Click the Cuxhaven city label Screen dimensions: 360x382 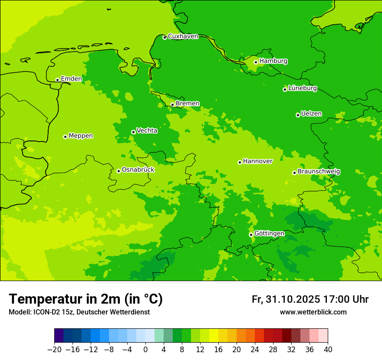tap(183, 36)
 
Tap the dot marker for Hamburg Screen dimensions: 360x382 tap(256, 62)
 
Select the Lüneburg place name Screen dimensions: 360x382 tap(303, 88)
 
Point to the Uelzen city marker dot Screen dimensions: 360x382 tap(298, 115)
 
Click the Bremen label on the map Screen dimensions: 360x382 tap(188, 104)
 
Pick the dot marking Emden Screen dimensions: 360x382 tap(57, 80)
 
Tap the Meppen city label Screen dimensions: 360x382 tap(81, 136)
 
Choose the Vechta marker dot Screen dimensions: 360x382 tap(133, 132)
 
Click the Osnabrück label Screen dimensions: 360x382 tap(138, 170)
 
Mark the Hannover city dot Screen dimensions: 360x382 tap(240, 162)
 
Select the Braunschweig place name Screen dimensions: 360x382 tap(319, 172)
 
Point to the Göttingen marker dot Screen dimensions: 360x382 tap(251, 235)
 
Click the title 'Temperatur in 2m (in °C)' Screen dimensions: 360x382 tap(86, 299)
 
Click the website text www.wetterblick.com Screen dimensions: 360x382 tap(313, 312)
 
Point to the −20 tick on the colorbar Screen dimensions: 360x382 tap(54, 349)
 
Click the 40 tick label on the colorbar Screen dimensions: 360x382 tap(328, 349)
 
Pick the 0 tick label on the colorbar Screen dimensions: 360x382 tap(145, 349)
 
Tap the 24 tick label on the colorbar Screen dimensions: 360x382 tap(255, 349)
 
